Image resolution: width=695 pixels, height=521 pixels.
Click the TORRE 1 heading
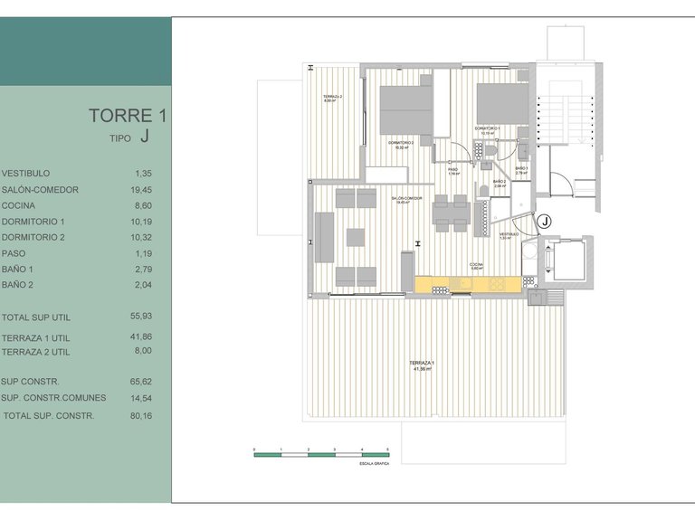[x=128, y=116]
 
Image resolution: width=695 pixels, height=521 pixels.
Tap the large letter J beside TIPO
[x=145, y=137]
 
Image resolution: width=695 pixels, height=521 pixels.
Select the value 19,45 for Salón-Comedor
[x=143, y=190]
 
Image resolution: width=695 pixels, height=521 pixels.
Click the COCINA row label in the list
[x=19, y=206]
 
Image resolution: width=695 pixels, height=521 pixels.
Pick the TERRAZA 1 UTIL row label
[x=35, y=336]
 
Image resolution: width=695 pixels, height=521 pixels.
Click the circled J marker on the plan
[x=545, y=221]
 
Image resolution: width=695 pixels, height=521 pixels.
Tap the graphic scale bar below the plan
[x=321, y=455]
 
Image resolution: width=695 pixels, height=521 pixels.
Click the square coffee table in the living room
[x=355, y=237]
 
